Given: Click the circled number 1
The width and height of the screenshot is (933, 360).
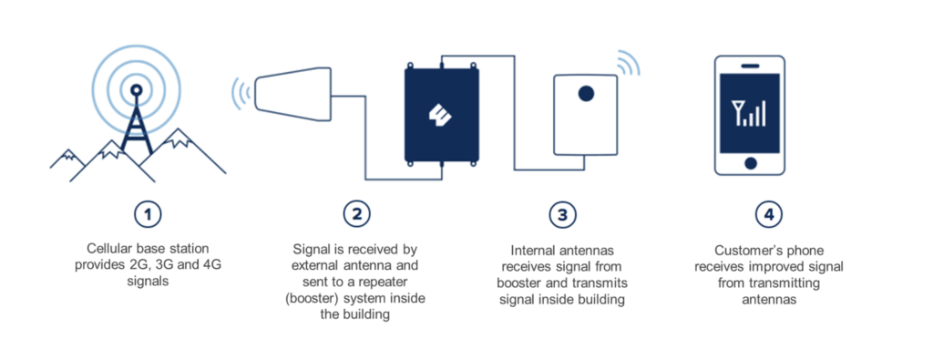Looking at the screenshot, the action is [148, 215].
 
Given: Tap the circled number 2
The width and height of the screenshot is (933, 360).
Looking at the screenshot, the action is [357, 215].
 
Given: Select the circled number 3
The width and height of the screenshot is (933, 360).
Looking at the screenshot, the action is [562, 215].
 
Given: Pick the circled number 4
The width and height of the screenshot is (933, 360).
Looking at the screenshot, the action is [769, 215].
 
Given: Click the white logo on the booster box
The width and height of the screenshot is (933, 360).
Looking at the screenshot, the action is [442, 115].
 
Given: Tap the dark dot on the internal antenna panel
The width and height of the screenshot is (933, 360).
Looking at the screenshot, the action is [586, 94].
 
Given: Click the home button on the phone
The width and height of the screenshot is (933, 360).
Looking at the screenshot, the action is [750, 163].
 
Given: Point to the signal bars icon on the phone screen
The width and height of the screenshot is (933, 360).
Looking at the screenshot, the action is [749, 113].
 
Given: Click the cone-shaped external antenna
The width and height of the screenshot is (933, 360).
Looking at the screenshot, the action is [292, 89].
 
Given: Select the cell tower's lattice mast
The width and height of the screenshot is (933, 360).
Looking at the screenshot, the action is [137, 126].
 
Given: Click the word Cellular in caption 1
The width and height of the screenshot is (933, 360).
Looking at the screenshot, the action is [109, 248].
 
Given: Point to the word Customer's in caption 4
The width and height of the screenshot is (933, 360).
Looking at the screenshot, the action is [743, 250].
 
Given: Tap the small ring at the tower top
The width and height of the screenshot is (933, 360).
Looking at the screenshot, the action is [137, 90].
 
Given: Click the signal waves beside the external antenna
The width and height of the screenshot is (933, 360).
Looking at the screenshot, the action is [241, 93].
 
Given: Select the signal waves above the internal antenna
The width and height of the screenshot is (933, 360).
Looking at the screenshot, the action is [628, 63].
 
